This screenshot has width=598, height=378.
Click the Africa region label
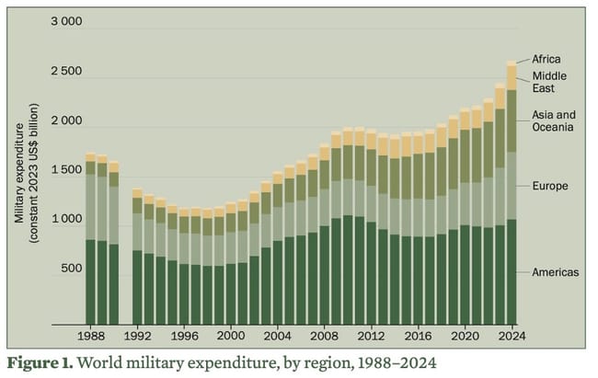[x=546, y=60]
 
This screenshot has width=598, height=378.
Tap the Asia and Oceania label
[x=553, y=121]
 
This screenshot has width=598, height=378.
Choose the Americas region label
[x=556, y=272]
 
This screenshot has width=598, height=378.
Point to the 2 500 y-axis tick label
[x=65, y=72]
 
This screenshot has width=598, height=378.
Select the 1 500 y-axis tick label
[x=65, y=171]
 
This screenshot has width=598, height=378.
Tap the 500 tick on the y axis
[x=71, y=269]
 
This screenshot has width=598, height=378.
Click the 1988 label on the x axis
[x=91, y=338]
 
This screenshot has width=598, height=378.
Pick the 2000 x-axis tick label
[x=230, y=338]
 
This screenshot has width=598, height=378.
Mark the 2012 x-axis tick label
[x=370, y=338]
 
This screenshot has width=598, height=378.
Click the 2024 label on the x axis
[x=511, y=338]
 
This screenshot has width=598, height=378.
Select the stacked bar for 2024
[x=511, y=193]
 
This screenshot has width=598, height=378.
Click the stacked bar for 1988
[x=91, y=239]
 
